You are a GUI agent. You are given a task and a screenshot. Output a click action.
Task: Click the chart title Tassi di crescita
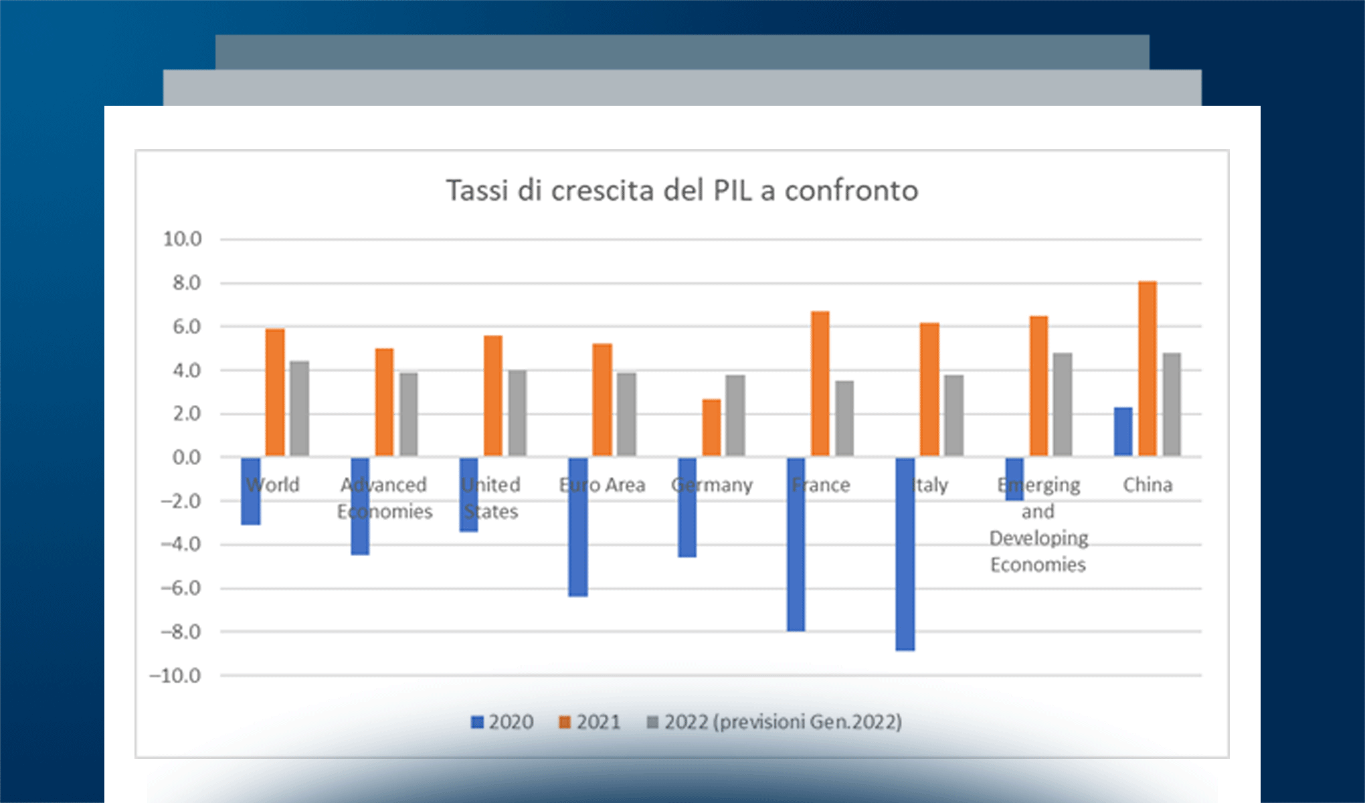pyautogui.click(x=682, y=191)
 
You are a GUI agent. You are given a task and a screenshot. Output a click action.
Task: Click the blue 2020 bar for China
pyautogui.click(x=1123, y=432)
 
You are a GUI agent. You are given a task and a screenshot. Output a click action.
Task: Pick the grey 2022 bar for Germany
pyautogui.click(x=735, y=416)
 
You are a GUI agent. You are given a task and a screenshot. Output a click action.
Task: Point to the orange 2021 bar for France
pyautogui.click(x=820, y=384)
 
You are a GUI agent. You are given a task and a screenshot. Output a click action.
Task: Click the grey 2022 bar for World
pyautogui.click(x=299, y=409)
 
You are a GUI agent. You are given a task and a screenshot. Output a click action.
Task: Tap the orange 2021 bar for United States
pyautogui.click(x=493, y=396)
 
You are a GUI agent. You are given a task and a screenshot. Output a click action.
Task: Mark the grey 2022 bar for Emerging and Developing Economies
pyautogui.click(x=1063, y=405)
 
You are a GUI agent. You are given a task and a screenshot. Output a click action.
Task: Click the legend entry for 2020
pyautogui.click(x=503, y=722)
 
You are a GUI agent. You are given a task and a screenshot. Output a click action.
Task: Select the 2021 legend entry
pyautogui.click(x=590, y=722)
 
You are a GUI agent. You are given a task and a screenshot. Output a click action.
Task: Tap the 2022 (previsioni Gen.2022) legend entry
pyautogui.click(x=775, y=722)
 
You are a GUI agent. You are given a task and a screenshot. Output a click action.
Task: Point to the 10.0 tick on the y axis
pyautogui.click(x=182, y=239)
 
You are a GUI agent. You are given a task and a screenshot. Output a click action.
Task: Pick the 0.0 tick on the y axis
pyautogui.click(x=187, y=458)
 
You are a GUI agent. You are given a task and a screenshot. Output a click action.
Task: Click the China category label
pyautogui.click(x=1148, y=484)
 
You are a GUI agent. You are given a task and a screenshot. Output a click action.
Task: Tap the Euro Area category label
pyautogui.click(x=602, y=484)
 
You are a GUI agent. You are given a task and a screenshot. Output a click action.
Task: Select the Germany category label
pyautogui.click(x=712, y=484)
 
